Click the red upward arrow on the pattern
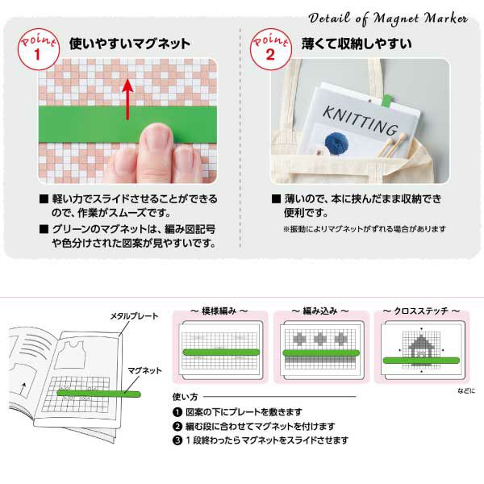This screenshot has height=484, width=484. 127,99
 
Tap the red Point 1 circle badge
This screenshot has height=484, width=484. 38,49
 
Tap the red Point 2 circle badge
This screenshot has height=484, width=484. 271,49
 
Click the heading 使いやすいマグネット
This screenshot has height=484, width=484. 130,44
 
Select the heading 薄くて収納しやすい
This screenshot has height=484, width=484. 357,44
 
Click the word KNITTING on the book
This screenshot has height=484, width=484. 361,120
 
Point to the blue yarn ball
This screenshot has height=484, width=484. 336,143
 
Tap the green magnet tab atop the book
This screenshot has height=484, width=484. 386,100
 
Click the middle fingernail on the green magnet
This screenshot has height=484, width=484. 157,137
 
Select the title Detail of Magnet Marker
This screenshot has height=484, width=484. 388,19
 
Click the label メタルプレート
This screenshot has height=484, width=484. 134,316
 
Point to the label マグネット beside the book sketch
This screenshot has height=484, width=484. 144,370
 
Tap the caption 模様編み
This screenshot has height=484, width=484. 219,311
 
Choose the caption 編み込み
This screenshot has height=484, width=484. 320,311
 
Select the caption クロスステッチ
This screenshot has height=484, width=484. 421,311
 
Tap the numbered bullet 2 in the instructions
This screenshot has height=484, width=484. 177,427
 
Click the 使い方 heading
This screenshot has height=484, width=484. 185,397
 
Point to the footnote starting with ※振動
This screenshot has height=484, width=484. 365,229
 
